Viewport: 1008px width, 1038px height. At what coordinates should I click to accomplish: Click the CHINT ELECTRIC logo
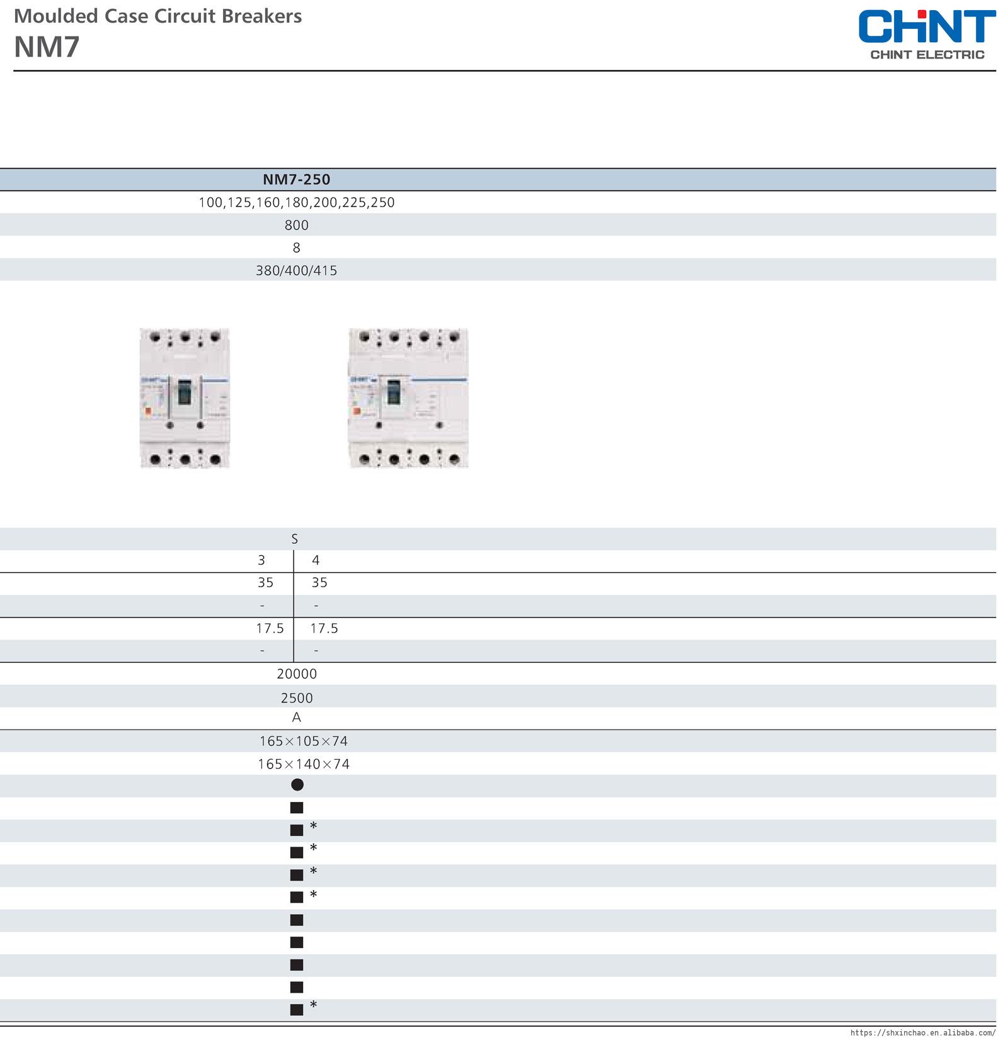927,35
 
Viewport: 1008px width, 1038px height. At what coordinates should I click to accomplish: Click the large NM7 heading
47,47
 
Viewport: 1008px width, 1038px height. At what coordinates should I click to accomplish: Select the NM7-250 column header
296,179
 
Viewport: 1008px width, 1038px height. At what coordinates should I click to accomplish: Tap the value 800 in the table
296,225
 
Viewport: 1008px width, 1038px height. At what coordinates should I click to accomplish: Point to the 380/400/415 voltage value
296,271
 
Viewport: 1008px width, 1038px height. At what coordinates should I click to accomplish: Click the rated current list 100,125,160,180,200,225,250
296,203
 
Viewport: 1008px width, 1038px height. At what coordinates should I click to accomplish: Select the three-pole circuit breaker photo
184,398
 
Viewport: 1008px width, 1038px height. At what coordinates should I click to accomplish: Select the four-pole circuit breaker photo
408,398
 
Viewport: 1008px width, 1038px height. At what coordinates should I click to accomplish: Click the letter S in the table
294,539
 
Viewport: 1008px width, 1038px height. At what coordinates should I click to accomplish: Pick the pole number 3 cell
261,560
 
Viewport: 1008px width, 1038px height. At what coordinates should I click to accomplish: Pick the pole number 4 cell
316,560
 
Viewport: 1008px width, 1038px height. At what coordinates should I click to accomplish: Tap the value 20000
297,674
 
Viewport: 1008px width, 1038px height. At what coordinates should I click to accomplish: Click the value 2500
297,698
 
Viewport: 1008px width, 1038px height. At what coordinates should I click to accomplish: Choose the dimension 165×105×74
303,742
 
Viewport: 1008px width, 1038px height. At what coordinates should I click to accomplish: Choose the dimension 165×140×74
303,764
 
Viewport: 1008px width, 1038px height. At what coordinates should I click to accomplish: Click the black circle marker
297,784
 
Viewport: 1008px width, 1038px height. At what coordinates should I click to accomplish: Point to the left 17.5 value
270,628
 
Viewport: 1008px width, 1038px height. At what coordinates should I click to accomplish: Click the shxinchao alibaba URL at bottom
922,1032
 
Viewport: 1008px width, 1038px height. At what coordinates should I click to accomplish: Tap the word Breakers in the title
267,16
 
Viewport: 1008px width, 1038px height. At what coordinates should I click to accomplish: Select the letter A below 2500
296,718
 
